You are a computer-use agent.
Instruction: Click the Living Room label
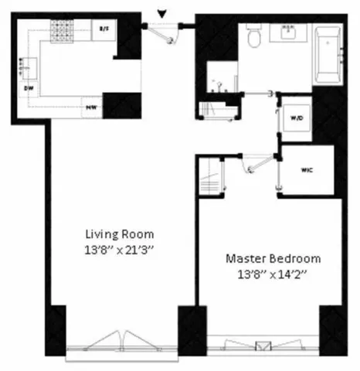pyautogui.click(x=119, y=233)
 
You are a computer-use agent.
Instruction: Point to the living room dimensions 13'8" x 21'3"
pyautogui.click(x=119, y=249)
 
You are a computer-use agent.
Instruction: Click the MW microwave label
pyautogui.click(x=91, y=106)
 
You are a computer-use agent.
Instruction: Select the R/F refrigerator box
pyautogui.click(x=103, y=29)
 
